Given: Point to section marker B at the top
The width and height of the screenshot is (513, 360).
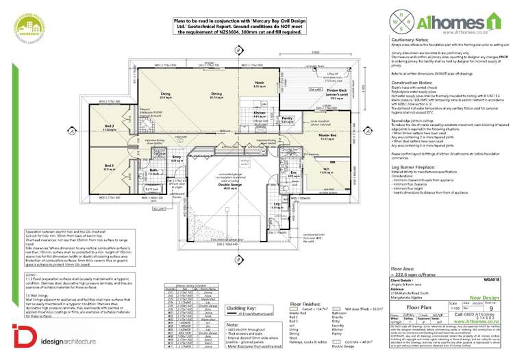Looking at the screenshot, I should [x=237, y=51].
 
